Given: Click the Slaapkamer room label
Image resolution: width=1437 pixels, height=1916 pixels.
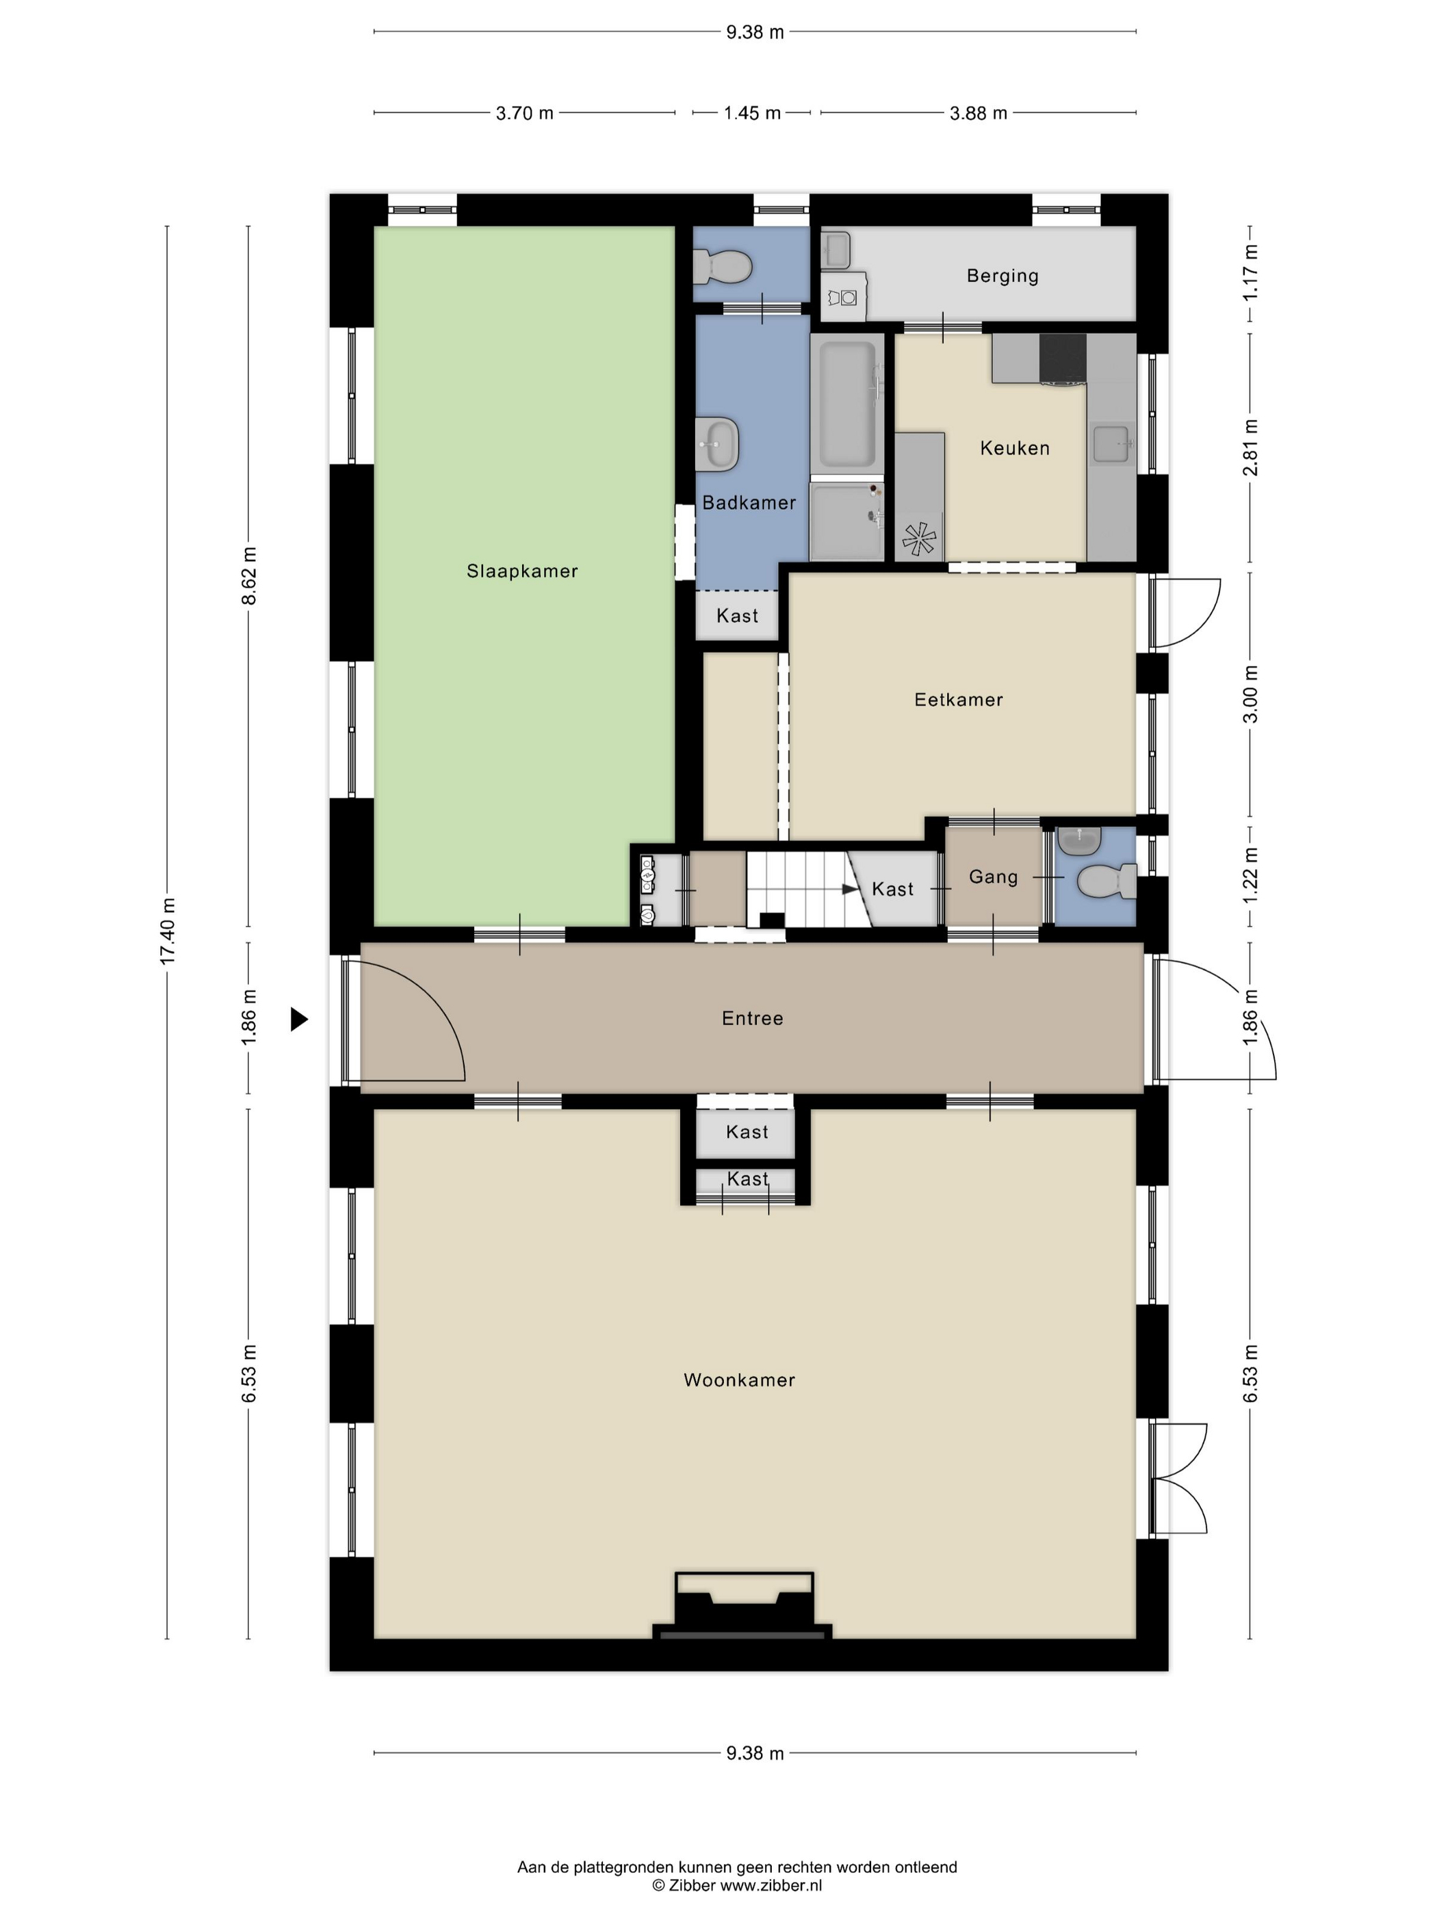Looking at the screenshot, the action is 521,571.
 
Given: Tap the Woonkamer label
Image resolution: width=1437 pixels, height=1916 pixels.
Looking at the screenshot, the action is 739,1380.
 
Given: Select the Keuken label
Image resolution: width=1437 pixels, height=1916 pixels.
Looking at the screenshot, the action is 1014,448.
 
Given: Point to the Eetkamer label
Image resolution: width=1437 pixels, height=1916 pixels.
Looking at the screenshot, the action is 958,699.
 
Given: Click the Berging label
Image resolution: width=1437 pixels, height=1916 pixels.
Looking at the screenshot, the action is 1002,276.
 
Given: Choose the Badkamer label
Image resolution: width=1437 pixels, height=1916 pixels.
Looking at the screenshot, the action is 749,502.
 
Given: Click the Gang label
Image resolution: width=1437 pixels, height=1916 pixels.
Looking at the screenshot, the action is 993,877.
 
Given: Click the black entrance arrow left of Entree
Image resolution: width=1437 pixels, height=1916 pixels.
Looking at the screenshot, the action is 299,1020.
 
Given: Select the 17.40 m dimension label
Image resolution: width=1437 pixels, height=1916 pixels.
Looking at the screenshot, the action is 167,931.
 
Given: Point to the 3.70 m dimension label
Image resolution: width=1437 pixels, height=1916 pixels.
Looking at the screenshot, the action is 524,114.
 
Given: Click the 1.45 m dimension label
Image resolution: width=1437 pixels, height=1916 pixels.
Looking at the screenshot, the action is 752,114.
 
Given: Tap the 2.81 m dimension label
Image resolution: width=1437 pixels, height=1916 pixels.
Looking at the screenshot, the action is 1250,447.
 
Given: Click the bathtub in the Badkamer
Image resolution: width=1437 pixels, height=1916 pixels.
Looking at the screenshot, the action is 847,405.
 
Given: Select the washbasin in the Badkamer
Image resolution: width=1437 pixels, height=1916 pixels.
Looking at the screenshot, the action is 717,444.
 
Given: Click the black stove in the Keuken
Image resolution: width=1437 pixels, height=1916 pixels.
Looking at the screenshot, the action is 1063,359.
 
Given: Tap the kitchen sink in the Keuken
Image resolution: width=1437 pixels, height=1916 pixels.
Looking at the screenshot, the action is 1112,443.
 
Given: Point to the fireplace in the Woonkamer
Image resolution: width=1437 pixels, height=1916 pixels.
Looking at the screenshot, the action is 742,1607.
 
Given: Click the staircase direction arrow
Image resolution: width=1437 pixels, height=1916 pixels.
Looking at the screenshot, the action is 850,889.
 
